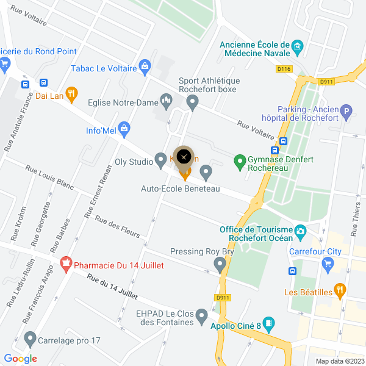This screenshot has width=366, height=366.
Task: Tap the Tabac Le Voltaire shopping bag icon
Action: pos(145,65)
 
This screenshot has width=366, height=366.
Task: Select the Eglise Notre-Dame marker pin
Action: pos(165,99)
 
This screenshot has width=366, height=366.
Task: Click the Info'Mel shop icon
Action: pos(124,128)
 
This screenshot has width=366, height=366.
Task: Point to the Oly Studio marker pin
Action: pos(161,160)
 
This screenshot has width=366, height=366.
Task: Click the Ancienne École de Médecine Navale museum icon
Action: pos(298,46)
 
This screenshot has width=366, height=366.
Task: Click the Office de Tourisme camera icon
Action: pos(300,231)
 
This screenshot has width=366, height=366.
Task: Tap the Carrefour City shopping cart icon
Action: pos(329,264)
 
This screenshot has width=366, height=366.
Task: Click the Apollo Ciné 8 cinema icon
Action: pos(268,323)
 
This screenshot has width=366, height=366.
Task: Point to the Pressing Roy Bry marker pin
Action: pos(220,264)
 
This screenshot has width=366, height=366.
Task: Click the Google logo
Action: pos(20,359)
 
